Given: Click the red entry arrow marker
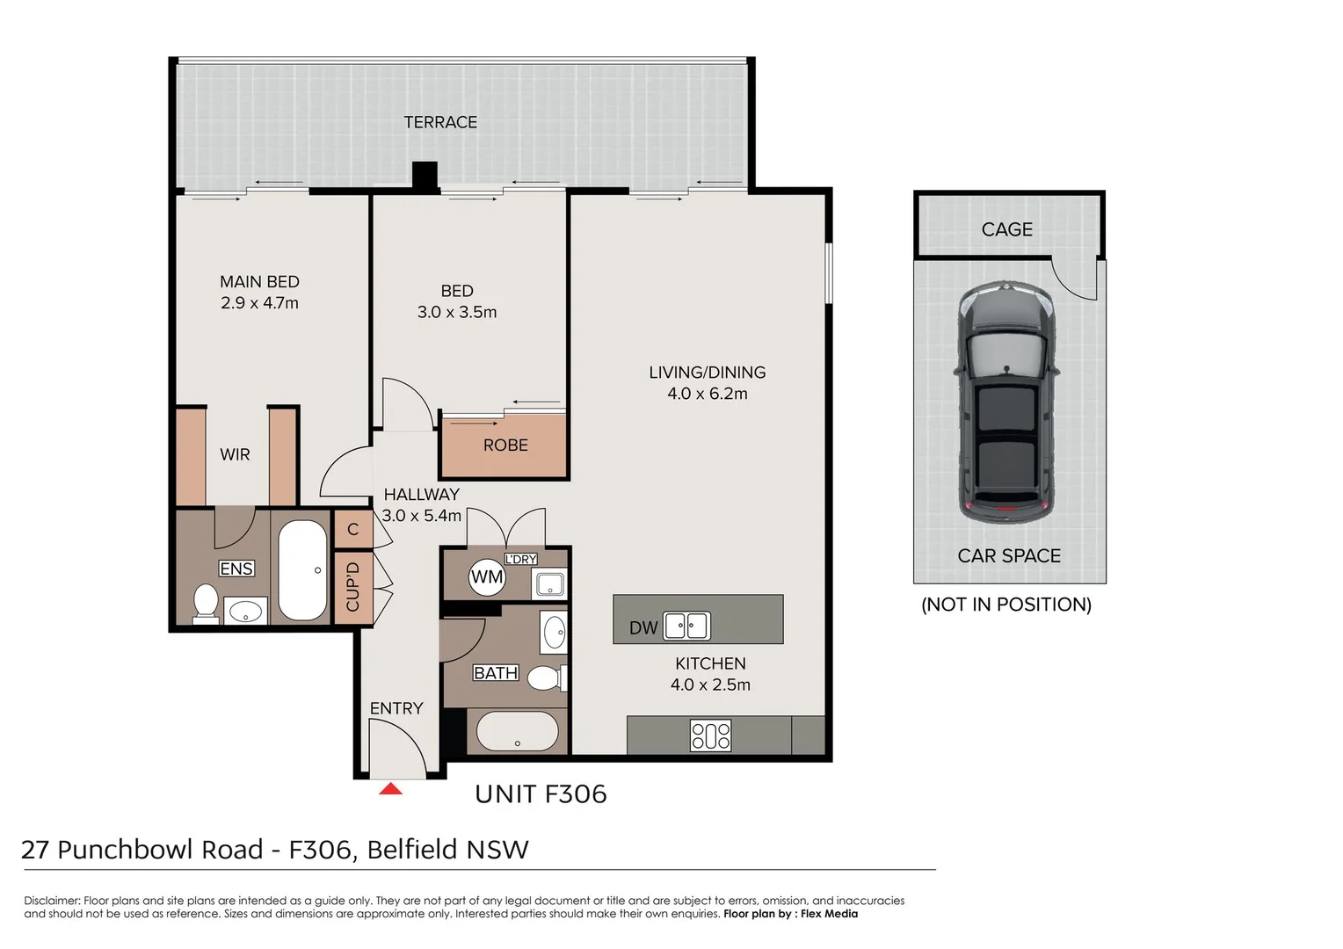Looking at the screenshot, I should pos(390,789).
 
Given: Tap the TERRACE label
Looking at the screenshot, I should pos(440,122).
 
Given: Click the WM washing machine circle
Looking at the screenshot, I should pos(486,577).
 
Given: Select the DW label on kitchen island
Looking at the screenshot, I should pos(643,627).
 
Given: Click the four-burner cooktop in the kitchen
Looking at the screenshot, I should pos(710,735).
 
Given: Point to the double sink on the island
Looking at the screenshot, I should pos(686,626).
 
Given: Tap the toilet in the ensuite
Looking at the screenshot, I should pos(206,604).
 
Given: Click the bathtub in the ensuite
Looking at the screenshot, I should pos(303,570).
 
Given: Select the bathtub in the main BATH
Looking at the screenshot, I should pos(517,732).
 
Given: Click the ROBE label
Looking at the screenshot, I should pos(505,446).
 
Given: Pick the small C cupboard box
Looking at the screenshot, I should pos(353,529).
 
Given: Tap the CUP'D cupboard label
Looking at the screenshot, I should pos(353,587).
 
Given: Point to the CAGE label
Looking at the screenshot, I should pos(1006,229).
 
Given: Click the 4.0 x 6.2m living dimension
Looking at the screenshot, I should pos(707,394).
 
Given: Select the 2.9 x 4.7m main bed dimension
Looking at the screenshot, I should pos(259,303).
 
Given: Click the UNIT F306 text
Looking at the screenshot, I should pos(541,794).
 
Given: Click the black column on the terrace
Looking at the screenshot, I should pos(425,175).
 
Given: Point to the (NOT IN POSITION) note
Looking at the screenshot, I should pos(1005,605).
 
